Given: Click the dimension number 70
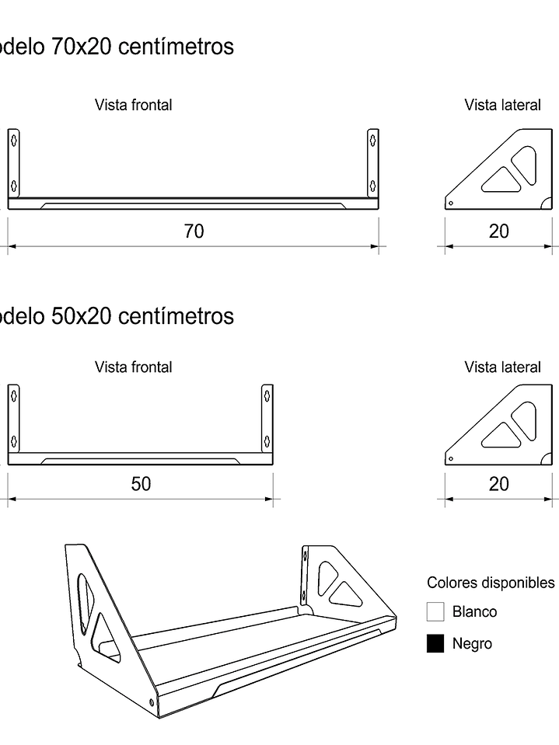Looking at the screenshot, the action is click(194, 232).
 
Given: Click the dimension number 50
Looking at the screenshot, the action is click(141, 484).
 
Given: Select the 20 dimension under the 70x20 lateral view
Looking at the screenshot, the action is click(499, 232).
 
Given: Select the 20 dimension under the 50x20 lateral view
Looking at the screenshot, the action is click(499, 484).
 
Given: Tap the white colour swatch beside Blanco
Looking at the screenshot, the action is click(435, 611).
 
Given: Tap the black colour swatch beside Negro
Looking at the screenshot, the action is click(435, 643).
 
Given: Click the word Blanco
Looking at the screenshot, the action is click(474, 611).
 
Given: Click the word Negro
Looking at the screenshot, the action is click(472, 643).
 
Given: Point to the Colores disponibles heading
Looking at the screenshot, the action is click(491, 583).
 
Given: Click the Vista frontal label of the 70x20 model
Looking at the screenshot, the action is click(134, 105).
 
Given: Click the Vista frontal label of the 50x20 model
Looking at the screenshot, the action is click(134, 367).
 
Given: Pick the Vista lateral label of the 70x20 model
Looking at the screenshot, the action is click(503, 105).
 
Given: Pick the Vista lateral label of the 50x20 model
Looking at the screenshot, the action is click(503, 367).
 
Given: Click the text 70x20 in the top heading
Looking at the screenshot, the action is click(82, 47).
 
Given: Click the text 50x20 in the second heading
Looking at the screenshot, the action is click(82, 316).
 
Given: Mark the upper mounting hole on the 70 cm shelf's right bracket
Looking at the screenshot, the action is click(373, 140).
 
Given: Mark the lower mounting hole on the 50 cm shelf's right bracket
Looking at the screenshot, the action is click(267, 441).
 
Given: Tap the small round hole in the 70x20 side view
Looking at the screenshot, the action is click(451, 204).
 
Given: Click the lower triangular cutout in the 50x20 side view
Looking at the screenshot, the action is click(501, 436).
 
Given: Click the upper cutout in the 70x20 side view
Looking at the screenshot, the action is click(525, 165).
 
